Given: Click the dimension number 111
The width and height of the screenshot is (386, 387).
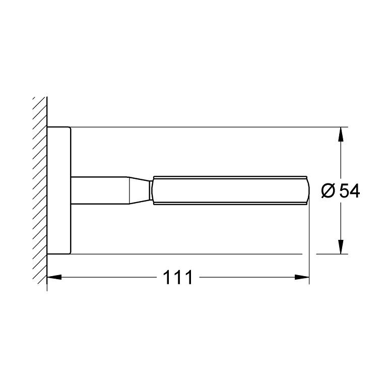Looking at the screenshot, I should [178, 277].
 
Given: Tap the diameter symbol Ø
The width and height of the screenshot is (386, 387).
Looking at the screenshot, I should [328, 191].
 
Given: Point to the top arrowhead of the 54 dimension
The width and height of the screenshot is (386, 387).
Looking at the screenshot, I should [341, 133].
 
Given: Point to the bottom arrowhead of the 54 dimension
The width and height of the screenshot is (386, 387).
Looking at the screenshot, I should [341, 247].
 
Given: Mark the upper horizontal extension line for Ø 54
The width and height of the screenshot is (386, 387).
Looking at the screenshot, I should [202, 127].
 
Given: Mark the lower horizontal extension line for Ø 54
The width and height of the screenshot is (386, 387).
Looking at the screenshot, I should [202, 254].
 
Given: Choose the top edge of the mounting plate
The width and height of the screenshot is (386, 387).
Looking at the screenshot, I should [59, 127].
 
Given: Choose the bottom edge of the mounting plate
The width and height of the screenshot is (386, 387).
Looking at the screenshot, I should [59, 254].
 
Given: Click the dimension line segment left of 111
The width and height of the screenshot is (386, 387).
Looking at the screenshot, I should [106, 277].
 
